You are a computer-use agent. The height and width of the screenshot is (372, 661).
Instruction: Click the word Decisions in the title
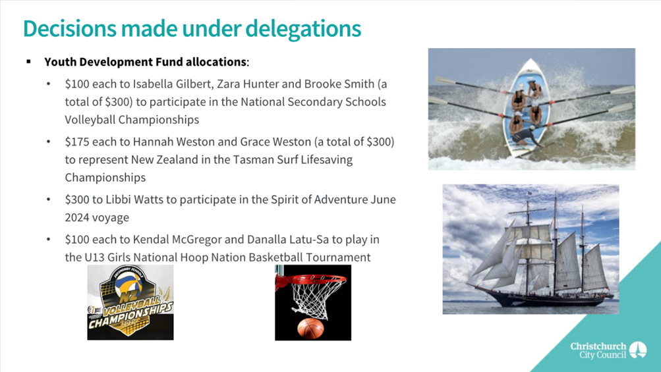(70, 29)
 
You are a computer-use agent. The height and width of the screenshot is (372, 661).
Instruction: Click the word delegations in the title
(303, 30)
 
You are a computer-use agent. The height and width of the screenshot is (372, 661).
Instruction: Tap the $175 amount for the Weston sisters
(76, 142)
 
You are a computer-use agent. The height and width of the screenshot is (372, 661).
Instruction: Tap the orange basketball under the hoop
(310, 329)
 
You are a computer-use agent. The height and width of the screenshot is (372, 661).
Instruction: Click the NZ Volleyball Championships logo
(130, 302)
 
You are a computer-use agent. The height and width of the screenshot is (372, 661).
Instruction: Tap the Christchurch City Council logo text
(598, 350)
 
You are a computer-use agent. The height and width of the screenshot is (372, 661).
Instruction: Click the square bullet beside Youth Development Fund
(28, 62)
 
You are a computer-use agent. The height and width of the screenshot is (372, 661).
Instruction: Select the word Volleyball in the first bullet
(91, 120)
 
